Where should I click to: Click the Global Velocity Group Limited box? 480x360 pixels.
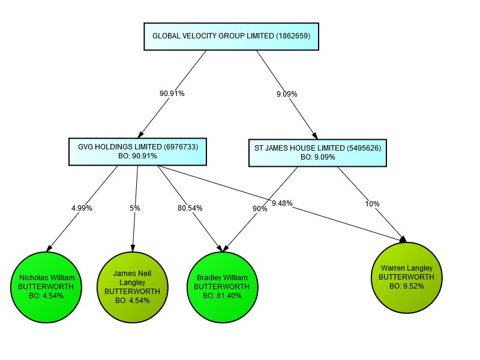231,36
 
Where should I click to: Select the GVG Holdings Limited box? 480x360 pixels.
138,151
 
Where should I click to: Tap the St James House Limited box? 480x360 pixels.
317,152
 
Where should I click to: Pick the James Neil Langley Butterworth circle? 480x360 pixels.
132,287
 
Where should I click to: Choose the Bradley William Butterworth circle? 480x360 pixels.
222,287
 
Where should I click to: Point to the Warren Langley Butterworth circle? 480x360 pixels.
406,277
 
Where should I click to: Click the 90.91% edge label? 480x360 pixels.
172,94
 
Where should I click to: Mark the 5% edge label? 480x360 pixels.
135,208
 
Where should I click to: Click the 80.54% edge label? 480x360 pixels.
190,208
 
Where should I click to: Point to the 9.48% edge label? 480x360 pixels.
282,203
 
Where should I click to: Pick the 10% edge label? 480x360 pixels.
372,204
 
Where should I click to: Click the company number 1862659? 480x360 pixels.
292,36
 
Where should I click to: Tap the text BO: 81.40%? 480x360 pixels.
222,296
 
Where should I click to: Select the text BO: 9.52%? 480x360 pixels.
406,286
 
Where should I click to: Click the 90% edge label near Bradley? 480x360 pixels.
260,209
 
